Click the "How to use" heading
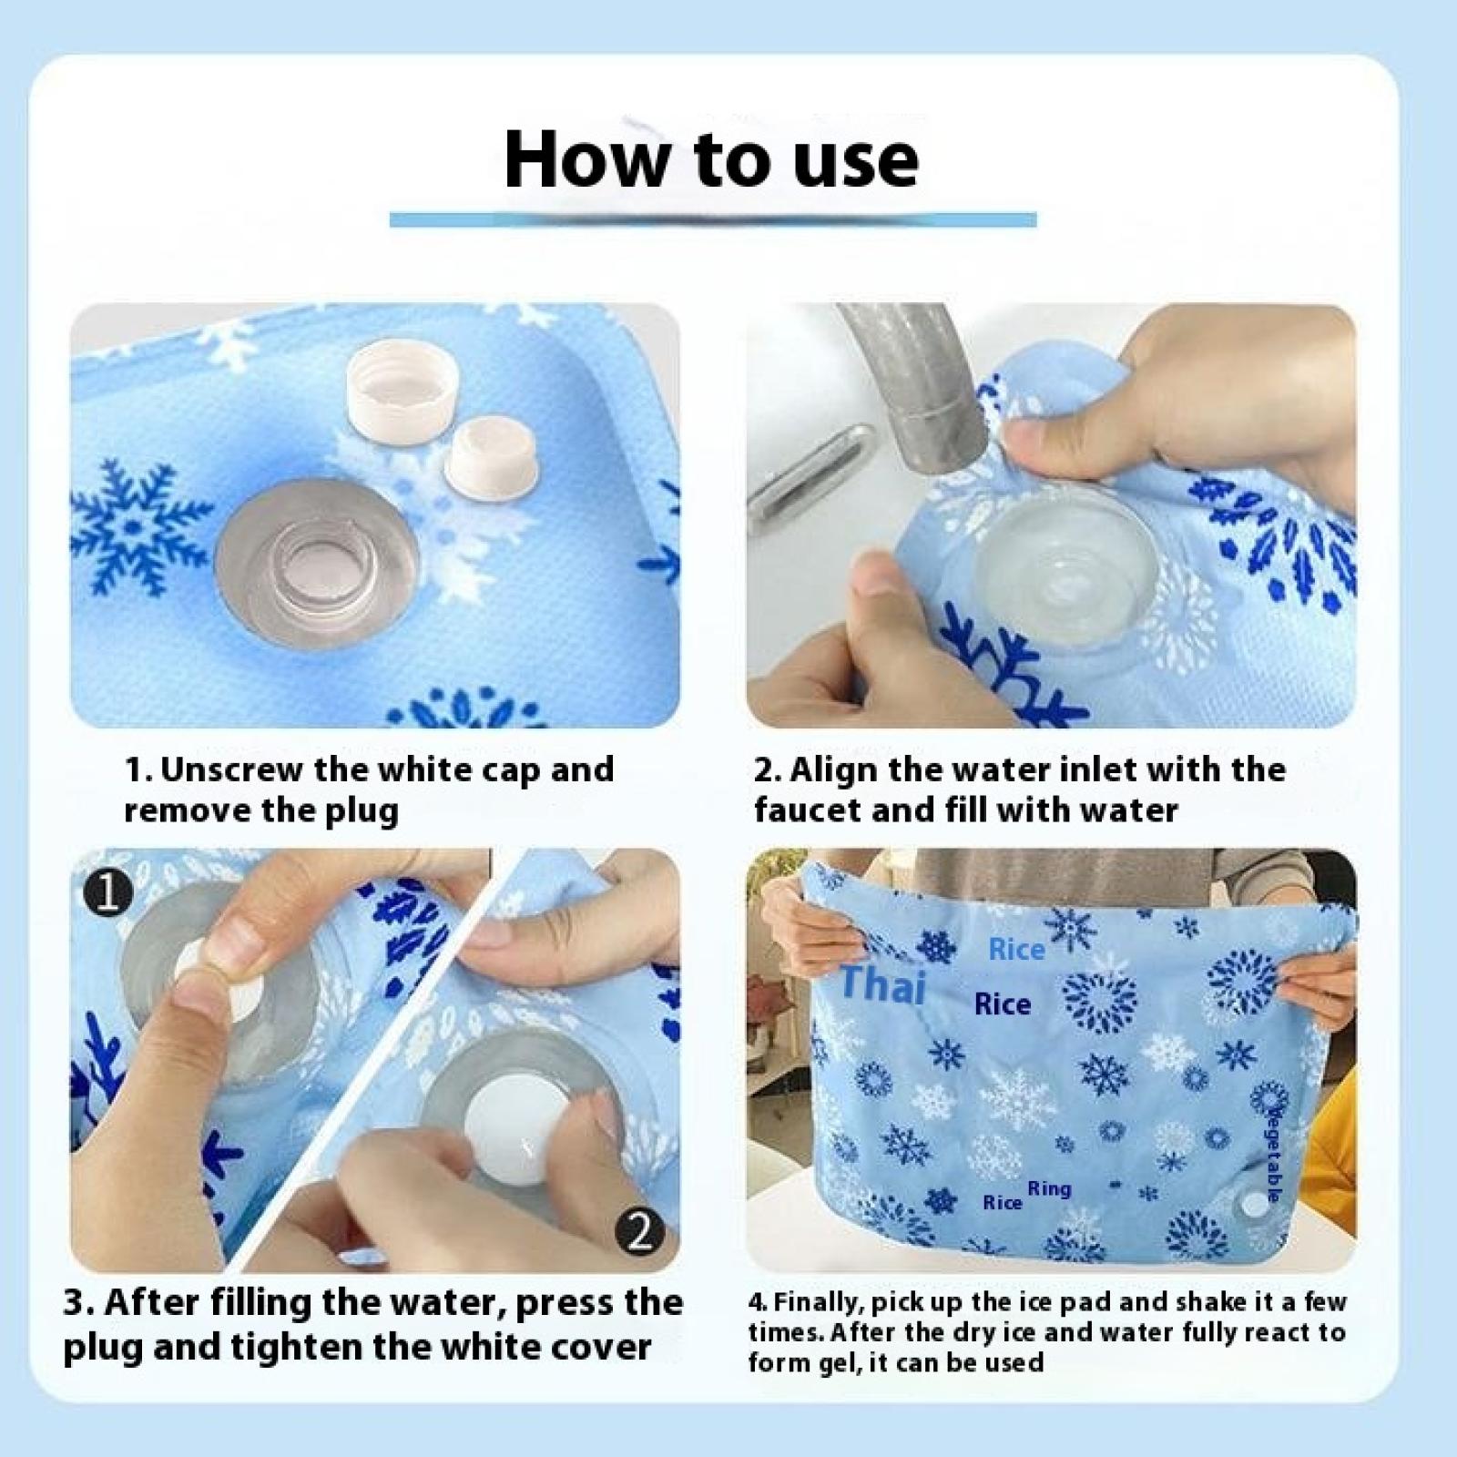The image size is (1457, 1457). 711,158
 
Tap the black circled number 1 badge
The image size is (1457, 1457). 108,895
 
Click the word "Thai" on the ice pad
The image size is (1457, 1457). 881,985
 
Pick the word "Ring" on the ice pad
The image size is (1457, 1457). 1049,1188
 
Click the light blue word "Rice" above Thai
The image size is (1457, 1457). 1016,950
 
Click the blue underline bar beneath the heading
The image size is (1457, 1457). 713,219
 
